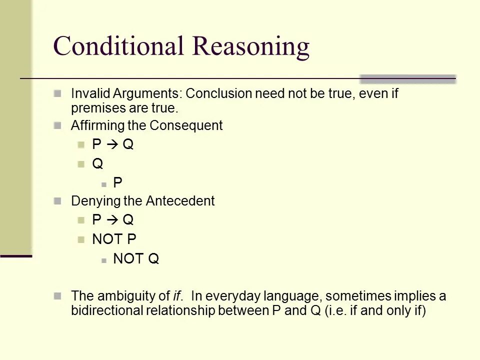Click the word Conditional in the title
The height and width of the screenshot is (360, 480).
(x=119, y=46)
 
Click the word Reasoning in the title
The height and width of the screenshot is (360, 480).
(x=251, y=46)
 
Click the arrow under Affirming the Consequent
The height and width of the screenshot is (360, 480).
(x=112, y=144)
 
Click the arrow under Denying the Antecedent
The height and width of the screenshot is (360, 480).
(x=112, y=220)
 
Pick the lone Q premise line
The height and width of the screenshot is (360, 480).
(x=97, y=163)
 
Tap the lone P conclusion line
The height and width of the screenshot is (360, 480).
(x=117, y=183)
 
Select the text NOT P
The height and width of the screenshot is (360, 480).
(x=114, y=239)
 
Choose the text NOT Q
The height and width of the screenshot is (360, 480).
(x=136, y=258)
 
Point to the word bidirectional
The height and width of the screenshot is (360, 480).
(x=106, y=311)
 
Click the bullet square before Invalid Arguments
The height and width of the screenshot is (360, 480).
(x=57, y=93)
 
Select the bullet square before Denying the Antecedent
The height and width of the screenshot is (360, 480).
(x=57, y=201)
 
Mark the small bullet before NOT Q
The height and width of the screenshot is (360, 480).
(x=103, y=259)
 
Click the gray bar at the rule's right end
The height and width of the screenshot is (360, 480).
(x=407, y=79)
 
